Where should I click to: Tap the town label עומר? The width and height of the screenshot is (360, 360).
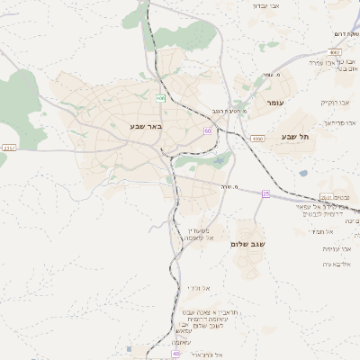point(274,103)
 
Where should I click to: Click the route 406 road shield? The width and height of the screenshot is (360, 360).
point(161,97)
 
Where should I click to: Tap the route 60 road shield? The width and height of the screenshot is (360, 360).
point(208,130)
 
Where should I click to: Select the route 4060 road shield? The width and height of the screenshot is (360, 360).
point(258,139)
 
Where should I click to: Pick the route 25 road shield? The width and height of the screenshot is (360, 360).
point(265,193)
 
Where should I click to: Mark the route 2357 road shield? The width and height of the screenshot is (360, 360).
point(9,148)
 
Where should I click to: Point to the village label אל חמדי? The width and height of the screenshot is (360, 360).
point(323,231)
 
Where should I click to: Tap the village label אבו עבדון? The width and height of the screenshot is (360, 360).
point(267,5)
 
